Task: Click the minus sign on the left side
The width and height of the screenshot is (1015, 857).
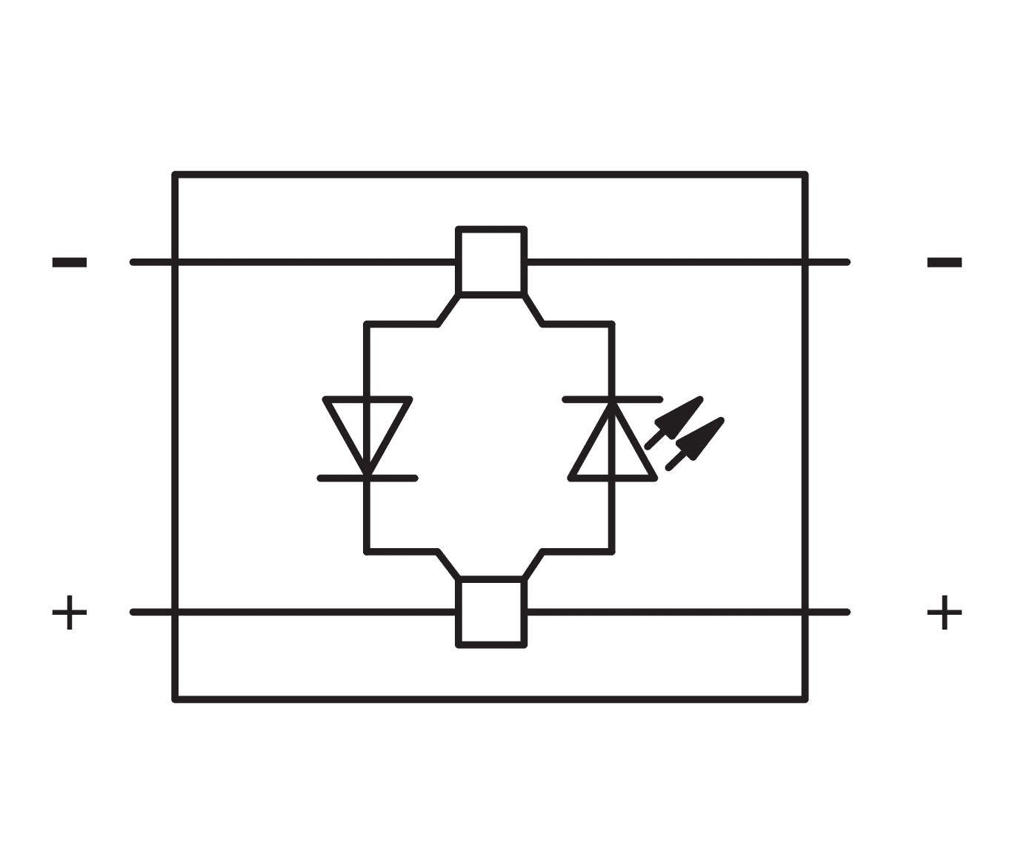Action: point(70,262)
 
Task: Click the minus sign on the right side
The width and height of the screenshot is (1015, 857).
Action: point(945,262)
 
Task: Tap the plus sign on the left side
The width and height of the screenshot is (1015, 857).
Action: point(70,612)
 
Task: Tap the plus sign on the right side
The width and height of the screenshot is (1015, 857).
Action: point(945,612)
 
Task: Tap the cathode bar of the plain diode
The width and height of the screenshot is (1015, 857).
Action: point(367,478)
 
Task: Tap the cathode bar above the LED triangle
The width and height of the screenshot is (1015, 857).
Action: point(613,399)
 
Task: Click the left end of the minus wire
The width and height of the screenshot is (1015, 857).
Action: point(132,262)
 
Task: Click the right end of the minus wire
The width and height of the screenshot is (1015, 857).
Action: point(848,262)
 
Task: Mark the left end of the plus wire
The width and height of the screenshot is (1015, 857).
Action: point(132,612)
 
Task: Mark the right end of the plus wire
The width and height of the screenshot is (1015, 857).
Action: point(848,612)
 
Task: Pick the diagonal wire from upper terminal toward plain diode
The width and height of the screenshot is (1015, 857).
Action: point(447,309)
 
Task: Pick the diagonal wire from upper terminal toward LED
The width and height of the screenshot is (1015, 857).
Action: point(533,309)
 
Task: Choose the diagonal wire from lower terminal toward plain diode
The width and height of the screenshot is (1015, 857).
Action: point(448,565)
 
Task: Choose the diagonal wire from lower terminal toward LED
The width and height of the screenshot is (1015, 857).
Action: point(533,565)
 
